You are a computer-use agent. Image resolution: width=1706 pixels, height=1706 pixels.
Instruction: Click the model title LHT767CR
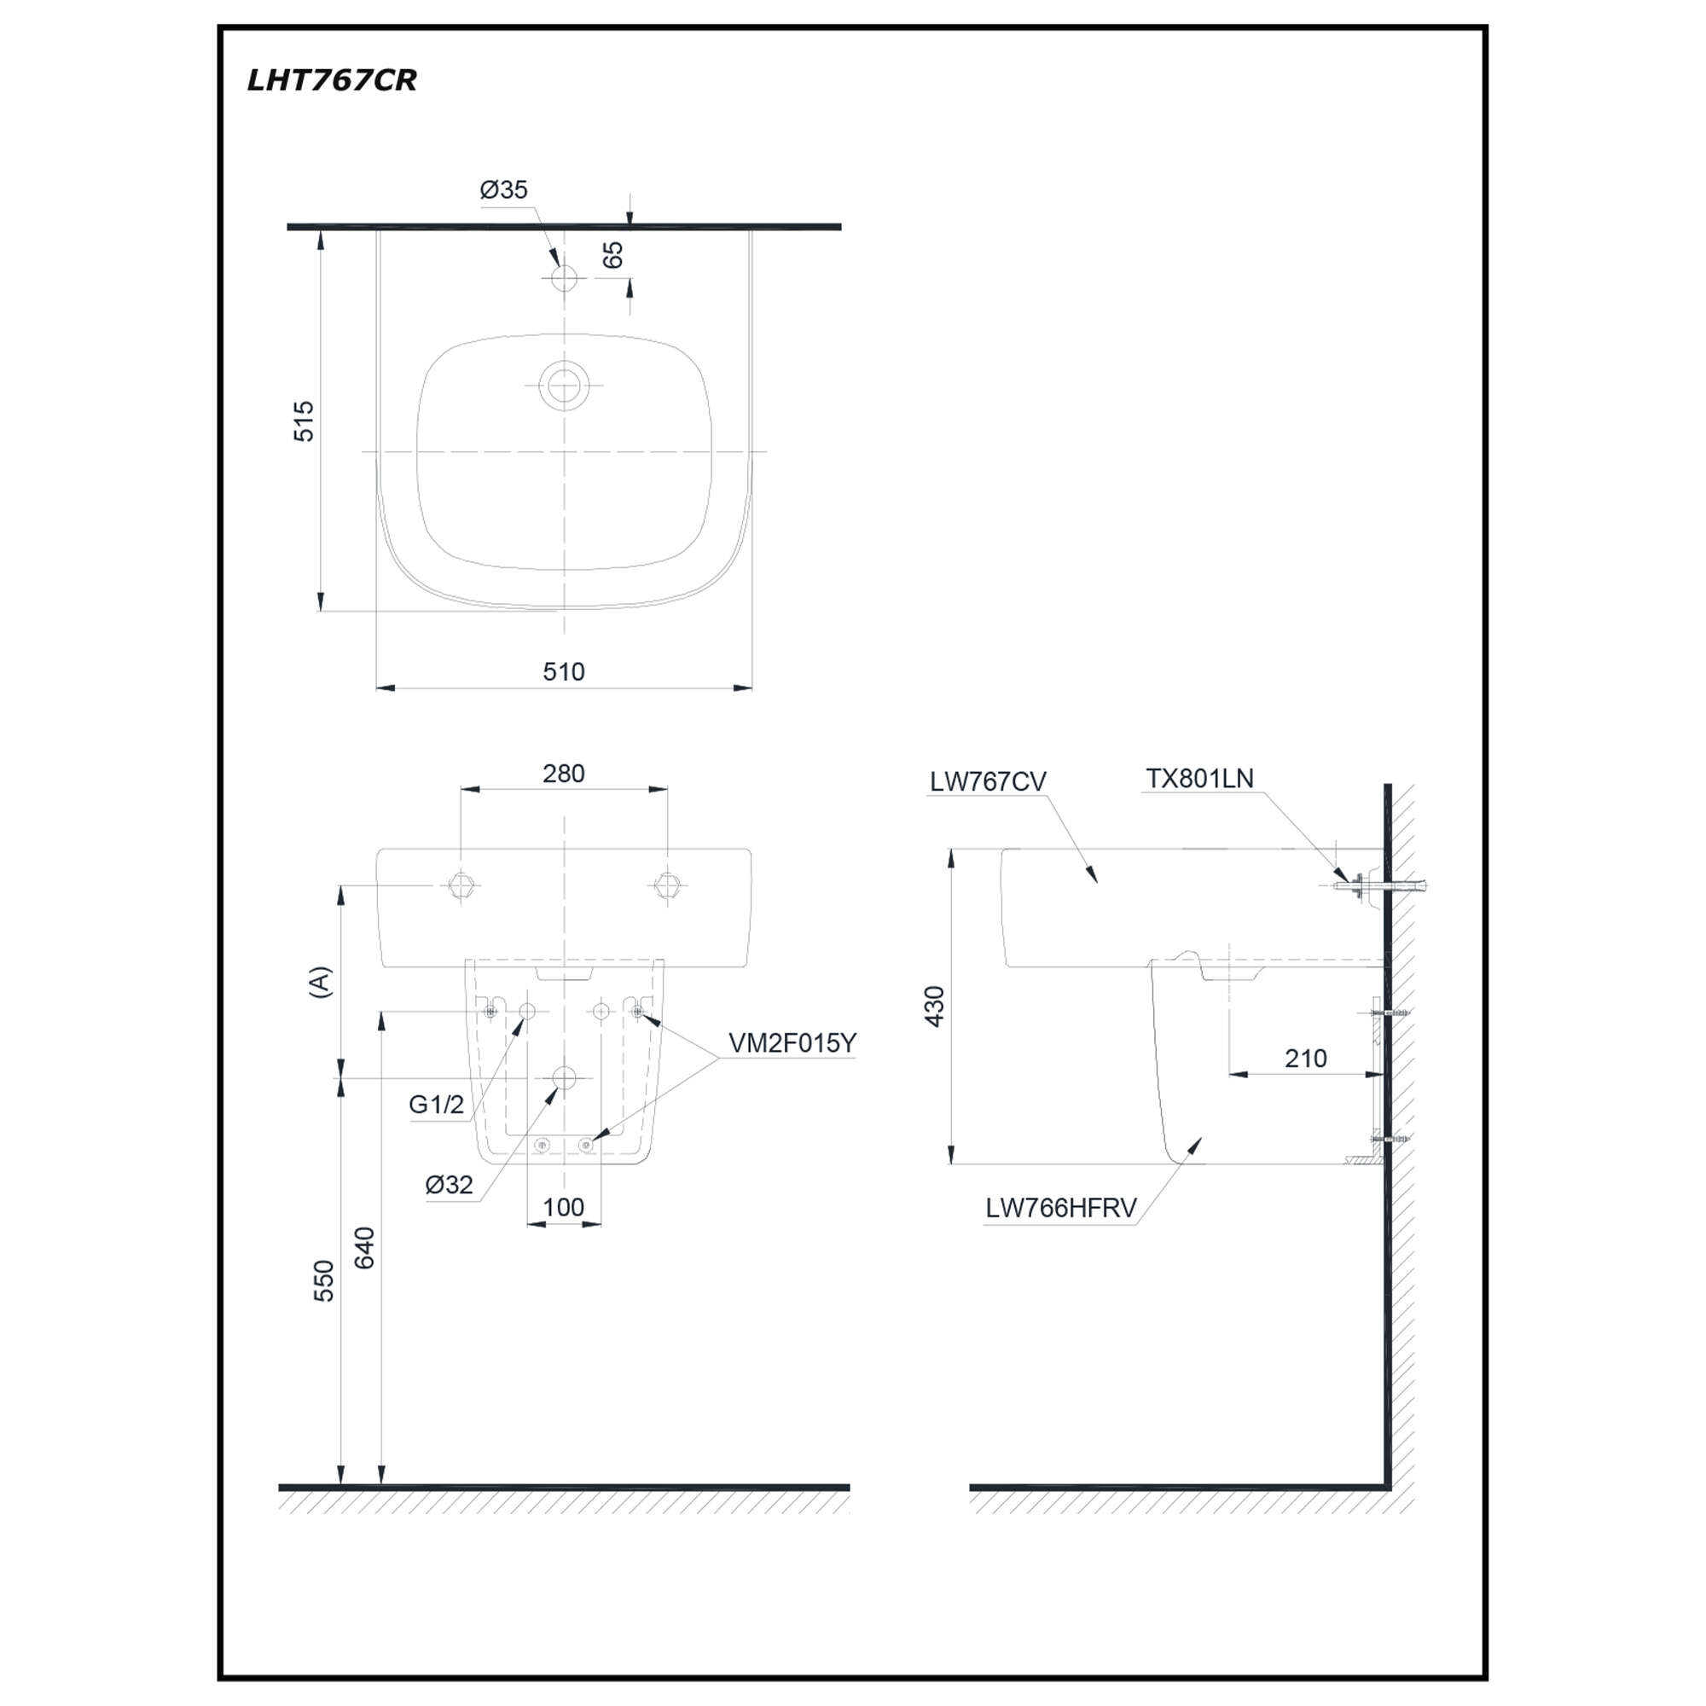click(331, 80)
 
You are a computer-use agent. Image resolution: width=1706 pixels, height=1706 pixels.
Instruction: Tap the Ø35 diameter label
click(503, 189)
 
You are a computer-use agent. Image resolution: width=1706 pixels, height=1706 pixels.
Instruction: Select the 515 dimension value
click(303, 421)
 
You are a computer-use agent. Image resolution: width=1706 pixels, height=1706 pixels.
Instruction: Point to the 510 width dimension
click(563, 671)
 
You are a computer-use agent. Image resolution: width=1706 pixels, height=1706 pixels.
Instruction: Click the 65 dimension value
click(612, 255)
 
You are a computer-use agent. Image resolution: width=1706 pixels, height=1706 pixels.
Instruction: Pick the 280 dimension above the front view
click(563, 773)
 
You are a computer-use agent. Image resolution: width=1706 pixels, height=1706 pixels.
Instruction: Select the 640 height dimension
click(364, 1248)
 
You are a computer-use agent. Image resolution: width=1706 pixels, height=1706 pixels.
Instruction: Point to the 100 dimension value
click(563, 1206)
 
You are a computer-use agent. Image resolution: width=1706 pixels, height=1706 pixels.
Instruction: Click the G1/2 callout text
click(436, 1104)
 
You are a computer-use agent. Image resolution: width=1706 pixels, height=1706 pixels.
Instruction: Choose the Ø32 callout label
click(449, 1184)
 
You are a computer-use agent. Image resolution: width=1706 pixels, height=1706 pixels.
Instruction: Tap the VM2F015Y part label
click(792, 1043)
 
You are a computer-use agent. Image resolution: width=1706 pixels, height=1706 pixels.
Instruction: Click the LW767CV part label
click(987, 781)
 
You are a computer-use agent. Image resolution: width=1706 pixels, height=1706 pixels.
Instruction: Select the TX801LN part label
click(1199, 778)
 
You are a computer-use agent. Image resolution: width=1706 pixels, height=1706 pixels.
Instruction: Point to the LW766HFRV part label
click(1060, 1208)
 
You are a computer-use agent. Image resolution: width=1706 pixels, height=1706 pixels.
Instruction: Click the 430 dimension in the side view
click(933, 1007)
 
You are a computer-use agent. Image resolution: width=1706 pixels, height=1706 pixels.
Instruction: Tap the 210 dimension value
click(1305, 1058)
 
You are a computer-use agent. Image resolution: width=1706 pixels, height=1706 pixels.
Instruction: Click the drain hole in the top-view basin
click(563, 386)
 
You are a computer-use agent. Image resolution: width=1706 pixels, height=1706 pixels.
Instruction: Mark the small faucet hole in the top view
click(563, 279)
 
